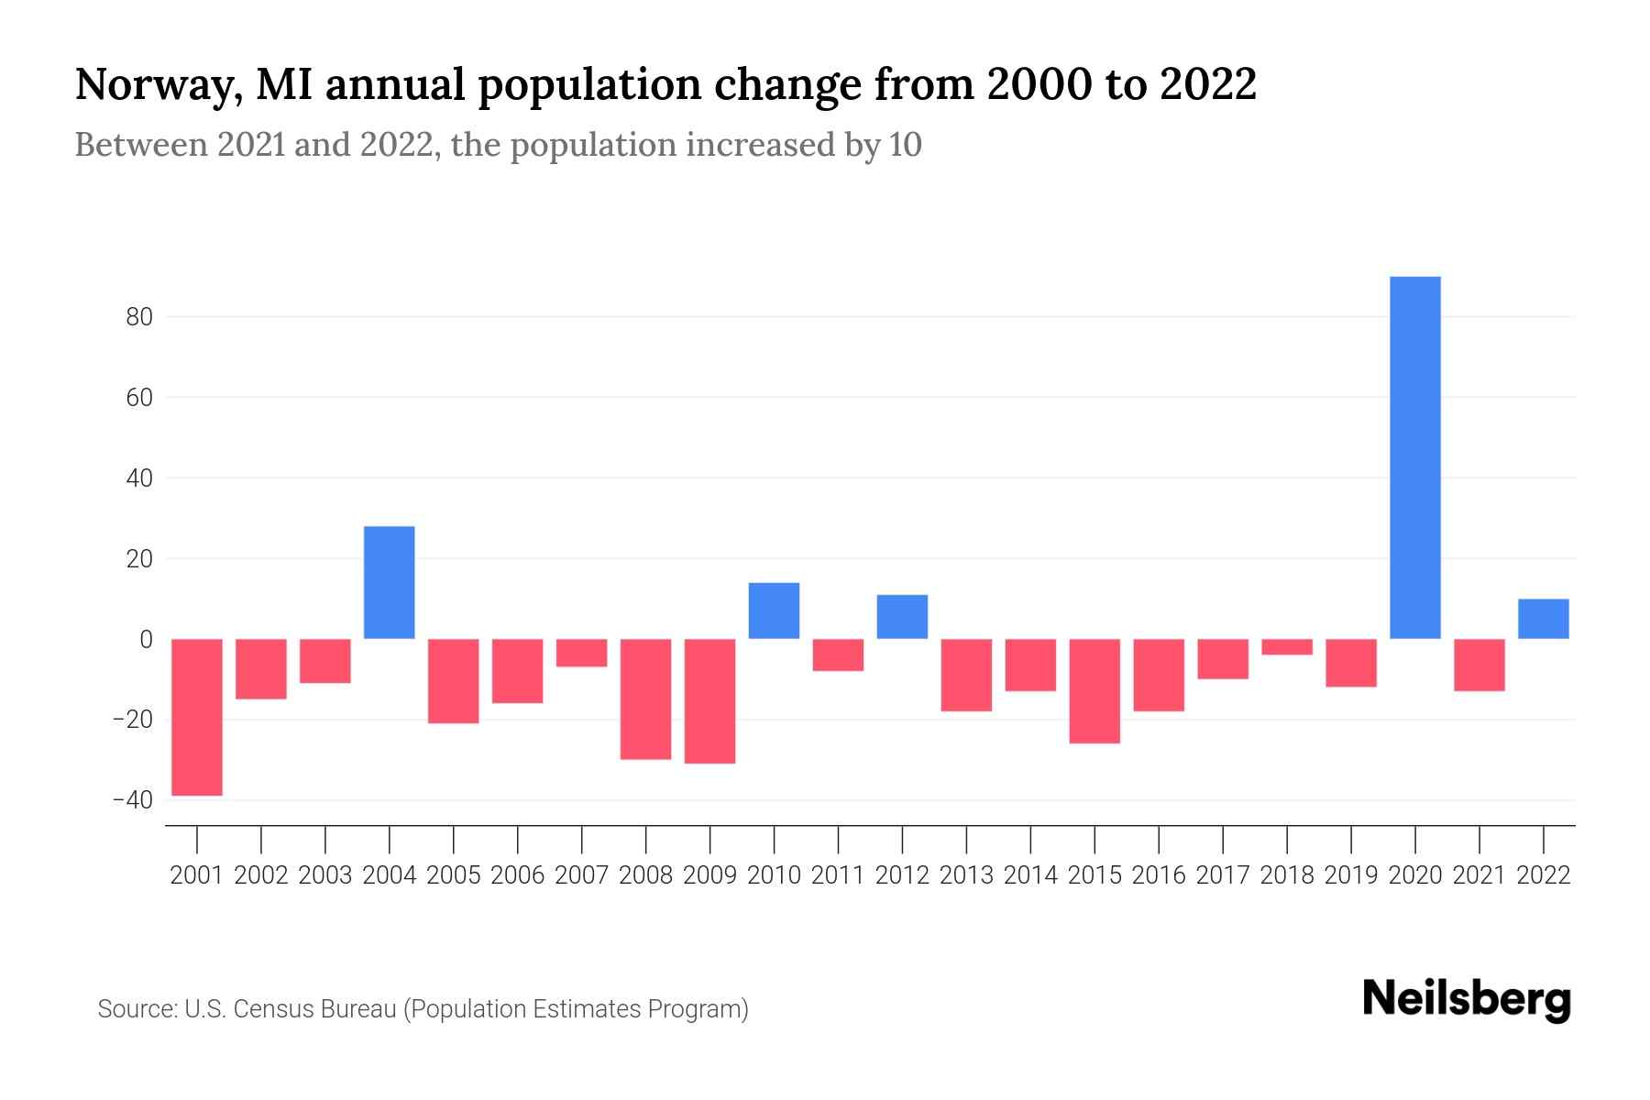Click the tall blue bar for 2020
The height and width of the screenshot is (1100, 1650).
pos(1414,457)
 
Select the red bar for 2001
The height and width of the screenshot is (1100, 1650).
pos(197,717)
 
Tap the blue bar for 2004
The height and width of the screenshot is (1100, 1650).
pos(390,582)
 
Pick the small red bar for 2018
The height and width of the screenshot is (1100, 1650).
pos(1287,647)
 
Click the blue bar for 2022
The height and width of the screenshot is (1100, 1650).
pos(1543,619)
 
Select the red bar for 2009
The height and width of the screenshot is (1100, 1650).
pos(709,701)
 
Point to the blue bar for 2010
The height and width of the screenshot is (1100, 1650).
pos(774,610)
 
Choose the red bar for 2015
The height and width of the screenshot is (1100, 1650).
pos(1094,691)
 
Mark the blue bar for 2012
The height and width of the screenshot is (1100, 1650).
pos(902,617)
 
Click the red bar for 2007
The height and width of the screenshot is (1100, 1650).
pos(582,653)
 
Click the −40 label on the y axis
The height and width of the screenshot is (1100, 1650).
pos(133,800)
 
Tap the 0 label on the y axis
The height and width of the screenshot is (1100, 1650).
pos(146,639)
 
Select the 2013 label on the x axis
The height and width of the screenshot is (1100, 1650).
pos(966,875)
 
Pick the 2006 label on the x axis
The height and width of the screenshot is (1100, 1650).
pos(518,875)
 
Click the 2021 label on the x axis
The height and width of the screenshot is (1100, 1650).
pos(1479,875)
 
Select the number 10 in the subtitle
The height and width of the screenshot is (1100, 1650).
pos(905,145)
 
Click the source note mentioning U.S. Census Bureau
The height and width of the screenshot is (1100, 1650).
pos(423,1009)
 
